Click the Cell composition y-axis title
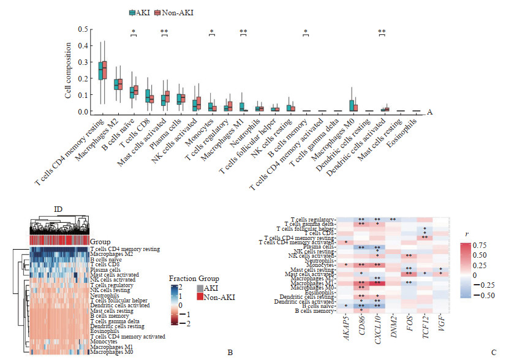[x=69, y=70]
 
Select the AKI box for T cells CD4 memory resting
[x=100, y=71]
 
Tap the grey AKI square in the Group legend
[x=200, y=288]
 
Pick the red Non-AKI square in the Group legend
[x=200, y=298]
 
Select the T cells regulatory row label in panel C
[x=311, y=219]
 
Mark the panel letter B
[x=229, y=352]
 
